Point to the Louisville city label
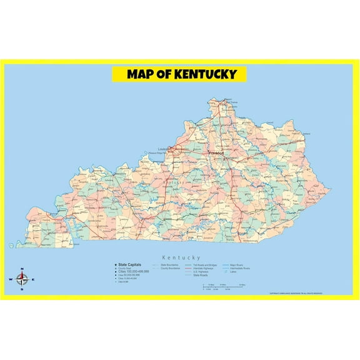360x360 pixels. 164,149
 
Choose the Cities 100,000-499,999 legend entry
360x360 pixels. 132,272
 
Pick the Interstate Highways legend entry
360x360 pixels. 207,268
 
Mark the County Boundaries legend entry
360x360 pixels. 171,268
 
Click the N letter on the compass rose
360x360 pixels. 22,269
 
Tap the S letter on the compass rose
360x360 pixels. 22,290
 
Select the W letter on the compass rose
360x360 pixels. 11,280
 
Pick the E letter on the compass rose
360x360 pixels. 33,279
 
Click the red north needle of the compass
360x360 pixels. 22,275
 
